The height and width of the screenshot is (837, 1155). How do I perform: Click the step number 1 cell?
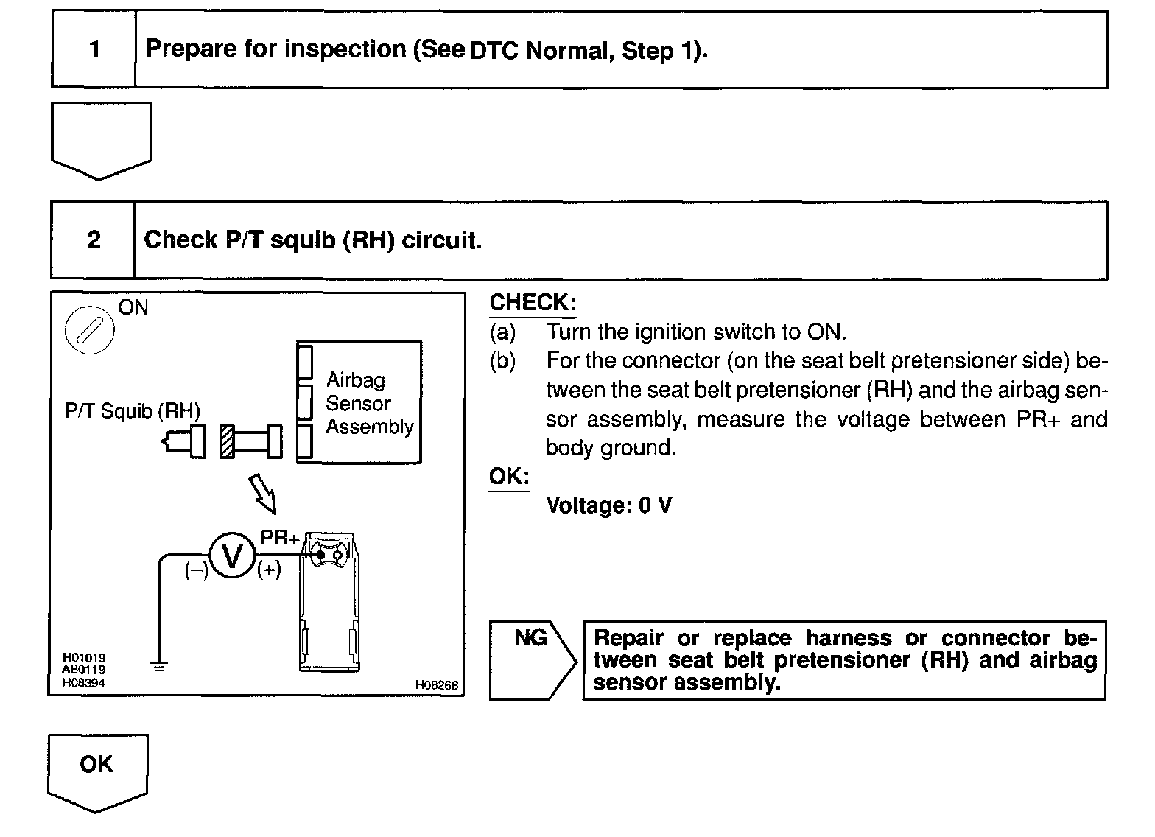point(94,49)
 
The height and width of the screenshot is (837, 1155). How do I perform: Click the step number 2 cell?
point(94,240)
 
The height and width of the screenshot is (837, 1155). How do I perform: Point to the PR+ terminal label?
point(280,538)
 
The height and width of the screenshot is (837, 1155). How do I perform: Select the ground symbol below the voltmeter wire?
point(158,665)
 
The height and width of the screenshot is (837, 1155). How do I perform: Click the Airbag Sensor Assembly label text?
point(369,403)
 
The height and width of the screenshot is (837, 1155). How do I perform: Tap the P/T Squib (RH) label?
point(133,410)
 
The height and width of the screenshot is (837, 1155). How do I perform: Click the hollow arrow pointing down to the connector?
point(262,492)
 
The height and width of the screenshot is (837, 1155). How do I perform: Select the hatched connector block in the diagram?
point(227,442)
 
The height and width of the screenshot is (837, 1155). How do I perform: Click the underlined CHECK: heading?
point(533,303)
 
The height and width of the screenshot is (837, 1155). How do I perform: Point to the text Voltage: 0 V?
point(608,505)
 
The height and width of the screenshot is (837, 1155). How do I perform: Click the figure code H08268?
point(437,685)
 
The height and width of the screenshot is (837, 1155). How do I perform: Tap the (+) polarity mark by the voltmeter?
point(269,570)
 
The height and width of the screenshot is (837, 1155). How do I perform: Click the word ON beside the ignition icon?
point(133,307)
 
